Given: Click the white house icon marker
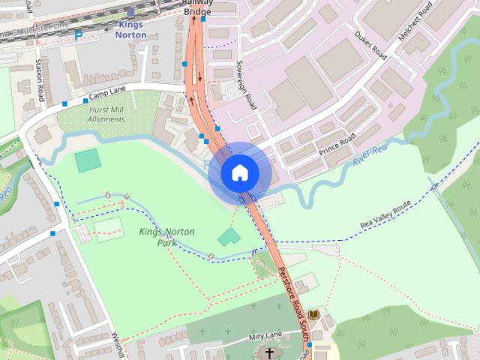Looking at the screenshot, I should [x=239, y=173].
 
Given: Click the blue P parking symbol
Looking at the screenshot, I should [x=78, y=35].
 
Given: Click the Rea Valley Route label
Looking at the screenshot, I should [x=385, y=215].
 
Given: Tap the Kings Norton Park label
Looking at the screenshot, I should [x=166, y=237].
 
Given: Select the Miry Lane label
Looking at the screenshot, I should [x=265, y=334].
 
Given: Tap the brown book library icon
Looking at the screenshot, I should [x=314, y=315].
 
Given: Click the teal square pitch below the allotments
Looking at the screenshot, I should [x=88, y=160].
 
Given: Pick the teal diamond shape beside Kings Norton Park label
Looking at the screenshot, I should [x=229, y=238].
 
